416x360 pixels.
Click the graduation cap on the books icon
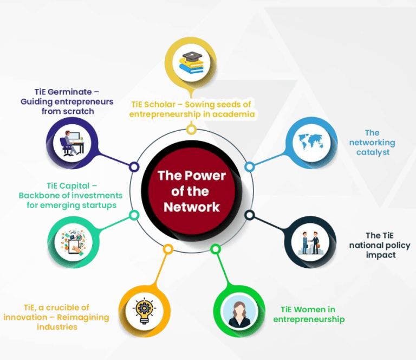coord(192,56)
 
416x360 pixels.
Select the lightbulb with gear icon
coord(144,311)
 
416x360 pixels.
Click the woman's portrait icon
coord(239,312)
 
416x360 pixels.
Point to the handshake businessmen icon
coord(311,243)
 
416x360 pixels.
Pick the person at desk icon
coord(72,143)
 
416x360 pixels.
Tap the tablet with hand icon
coord(74,243)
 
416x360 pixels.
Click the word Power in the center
coord(205,176)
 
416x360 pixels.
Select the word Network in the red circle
coord(192,207)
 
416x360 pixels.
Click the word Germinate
coord(70,92)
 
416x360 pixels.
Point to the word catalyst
coord(373,152)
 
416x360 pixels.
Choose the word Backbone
coord(39,196)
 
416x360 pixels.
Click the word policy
coord(395,246)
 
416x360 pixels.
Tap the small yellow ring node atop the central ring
coord(191,130)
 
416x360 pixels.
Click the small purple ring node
coord(134,167)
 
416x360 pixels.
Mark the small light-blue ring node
coord(249,167)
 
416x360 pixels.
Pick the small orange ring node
coord(168,249)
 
